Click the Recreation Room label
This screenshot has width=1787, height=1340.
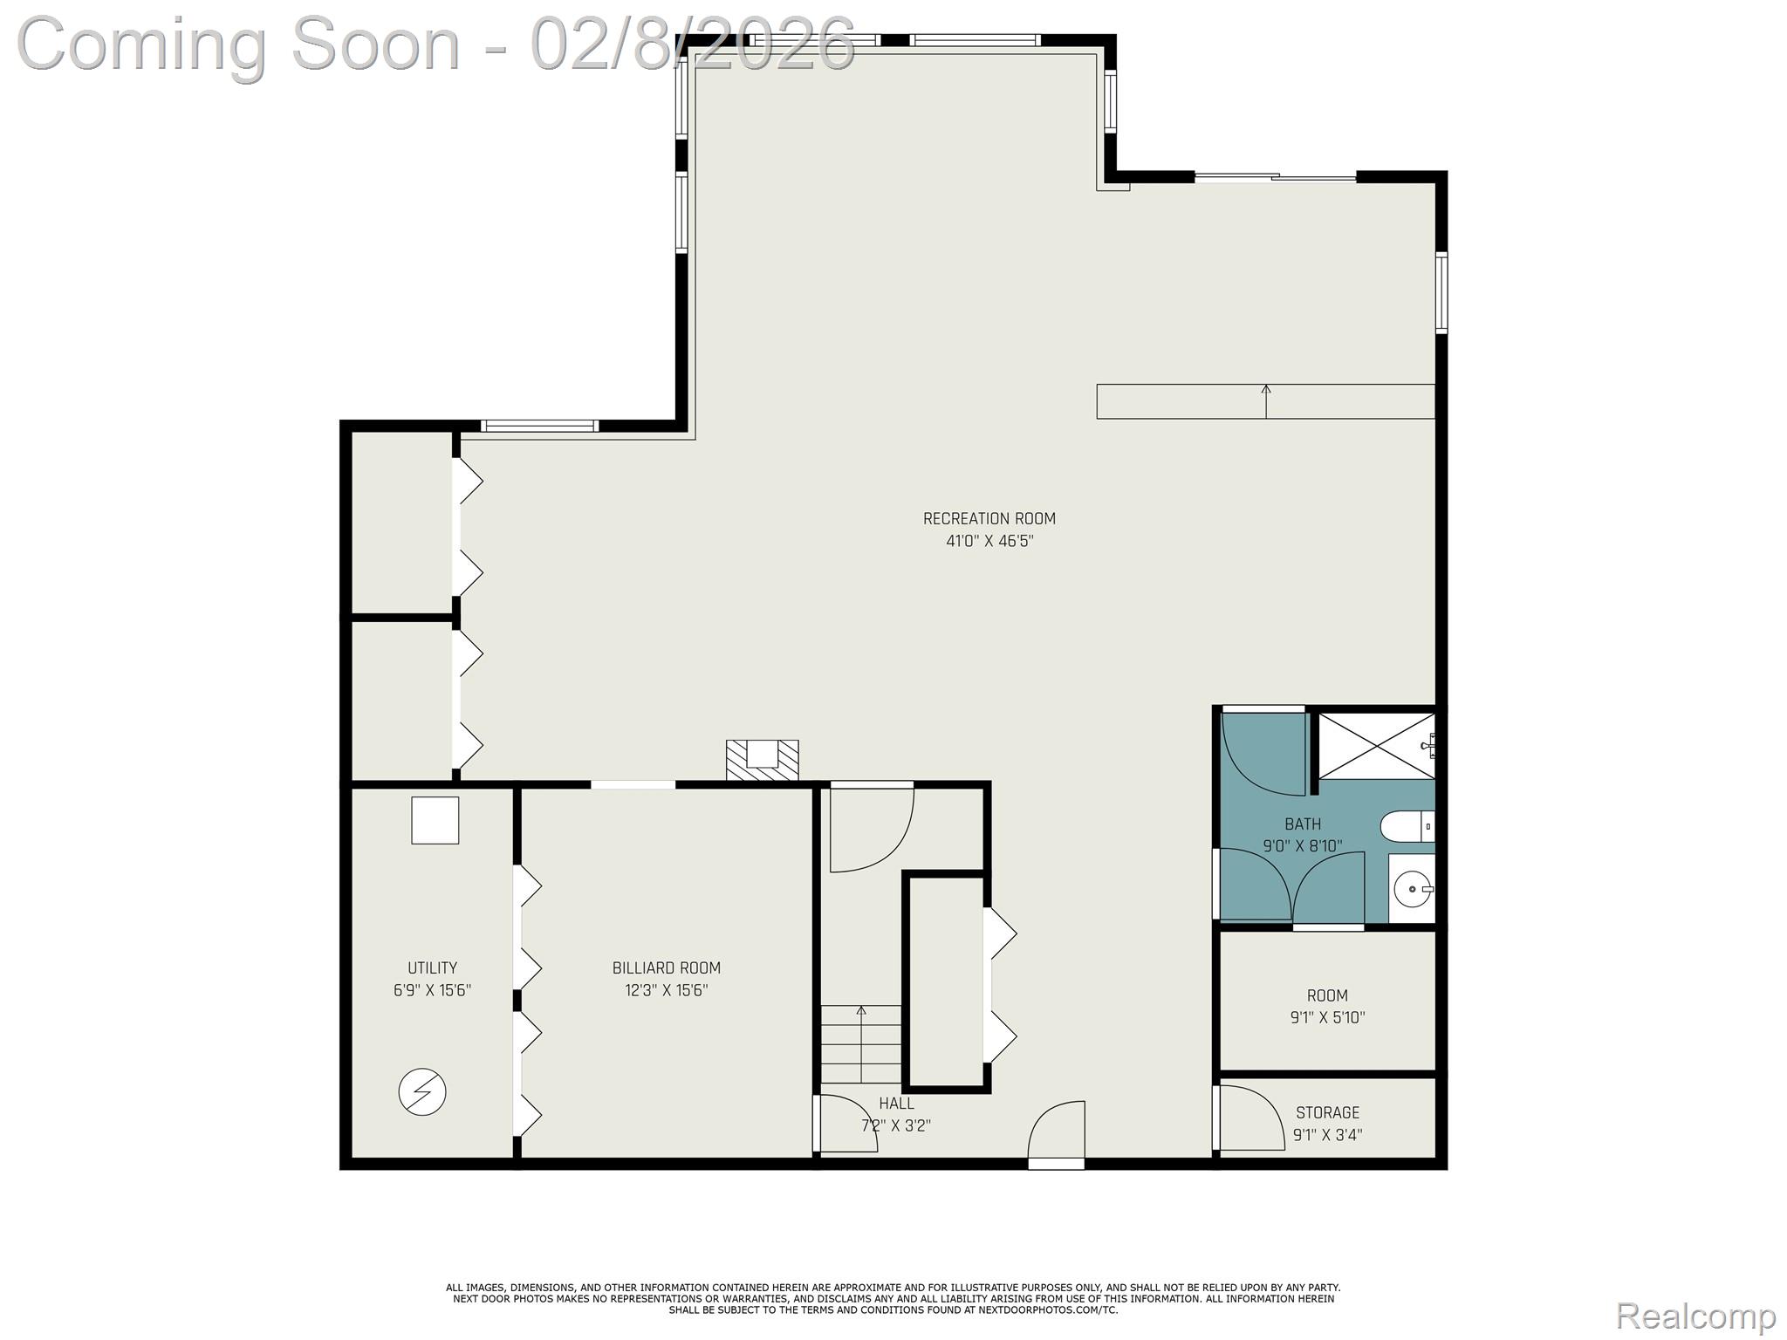[989, 518]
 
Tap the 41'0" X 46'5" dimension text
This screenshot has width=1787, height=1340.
[989, 541]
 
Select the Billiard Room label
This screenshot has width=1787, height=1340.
[666, 967]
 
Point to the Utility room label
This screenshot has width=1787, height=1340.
[432, 967]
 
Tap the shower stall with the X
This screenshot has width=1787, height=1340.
[1375, 746]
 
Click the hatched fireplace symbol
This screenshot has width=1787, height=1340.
[762, 760]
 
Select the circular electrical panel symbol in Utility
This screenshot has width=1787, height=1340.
[422, 1092]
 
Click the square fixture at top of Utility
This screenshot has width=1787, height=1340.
[435, 820]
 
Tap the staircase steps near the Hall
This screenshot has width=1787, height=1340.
[861, 1044]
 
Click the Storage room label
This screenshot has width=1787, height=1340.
[1327, 1112]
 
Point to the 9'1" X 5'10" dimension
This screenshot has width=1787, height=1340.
[1327, 1017]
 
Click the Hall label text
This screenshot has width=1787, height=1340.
[896, 1104]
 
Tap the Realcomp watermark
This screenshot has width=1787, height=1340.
[1695, 1316]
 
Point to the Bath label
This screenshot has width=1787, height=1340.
[1302, 824]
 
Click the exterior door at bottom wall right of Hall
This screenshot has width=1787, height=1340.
[1057, 1135]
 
